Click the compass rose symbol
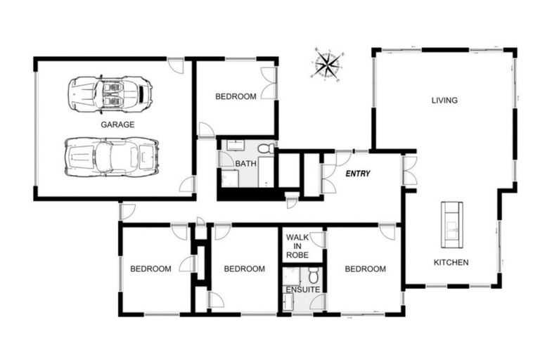326,65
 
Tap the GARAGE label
117,124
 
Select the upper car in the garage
110,94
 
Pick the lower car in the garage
111,156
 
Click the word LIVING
444,101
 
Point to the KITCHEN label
451,262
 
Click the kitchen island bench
451,224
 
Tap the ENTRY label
358,173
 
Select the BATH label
245,164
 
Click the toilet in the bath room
265,149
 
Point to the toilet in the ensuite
314,276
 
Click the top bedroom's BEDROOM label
236,97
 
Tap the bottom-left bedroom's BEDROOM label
150,269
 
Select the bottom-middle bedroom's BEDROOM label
244,269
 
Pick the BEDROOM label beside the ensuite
365,269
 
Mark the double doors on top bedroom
268,83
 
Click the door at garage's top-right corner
179,66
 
